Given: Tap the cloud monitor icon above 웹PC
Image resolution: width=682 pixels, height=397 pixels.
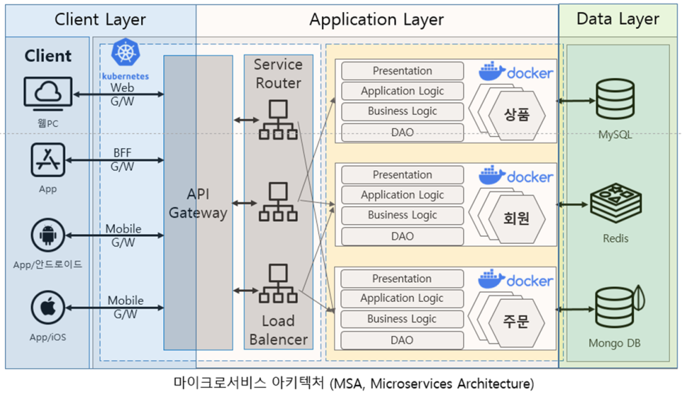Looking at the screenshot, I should [x=47, y=94].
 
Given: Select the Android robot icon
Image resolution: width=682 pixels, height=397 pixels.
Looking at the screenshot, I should [x=48, y=236].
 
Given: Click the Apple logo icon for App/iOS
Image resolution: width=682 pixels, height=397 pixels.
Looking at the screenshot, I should [x=48, y=308].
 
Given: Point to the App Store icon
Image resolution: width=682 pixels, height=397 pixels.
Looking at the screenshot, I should [x=48, y=159].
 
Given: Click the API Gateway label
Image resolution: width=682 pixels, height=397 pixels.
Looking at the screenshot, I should [x=198, y=203].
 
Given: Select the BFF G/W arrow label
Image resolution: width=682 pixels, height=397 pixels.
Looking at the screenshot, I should [x=122, y=159].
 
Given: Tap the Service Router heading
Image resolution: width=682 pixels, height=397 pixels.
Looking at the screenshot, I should [x=278, y=73].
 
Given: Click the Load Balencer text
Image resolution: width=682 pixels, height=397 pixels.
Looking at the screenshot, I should [x=278, y=330].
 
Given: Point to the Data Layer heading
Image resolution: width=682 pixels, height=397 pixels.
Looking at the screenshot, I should [x=618, y=19].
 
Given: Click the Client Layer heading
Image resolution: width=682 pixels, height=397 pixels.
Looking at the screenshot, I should [x=100, y=20].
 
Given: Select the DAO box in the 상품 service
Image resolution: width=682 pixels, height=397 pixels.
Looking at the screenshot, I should [x=402, y=132].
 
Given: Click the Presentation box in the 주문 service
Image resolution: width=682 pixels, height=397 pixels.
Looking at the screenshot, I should [x=402, y=279].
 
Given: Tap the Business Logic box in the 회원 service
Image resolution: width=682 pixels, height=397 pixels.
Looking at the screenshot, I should [x=402, y=215].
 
